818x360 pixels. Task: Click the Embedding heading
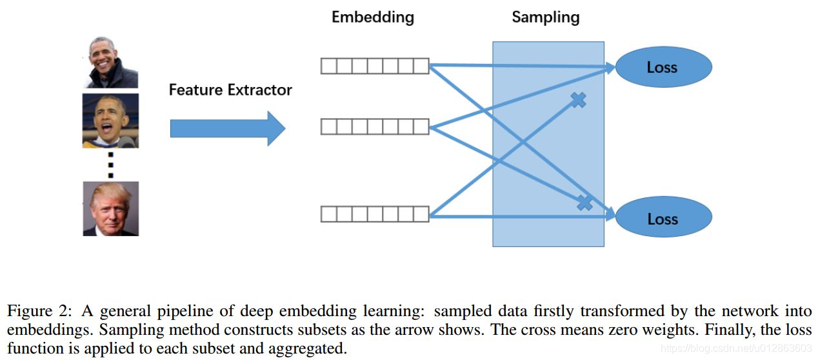[x=372, y=17]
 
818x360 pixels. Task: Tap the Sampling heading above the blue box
[x=545, y=17]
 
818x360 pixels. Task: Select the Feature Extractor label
[x=230, y=90]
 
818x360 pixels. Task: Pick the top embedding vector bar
[x=375, y=66]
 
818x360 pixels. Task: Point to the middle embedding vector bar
[x=375, y=126]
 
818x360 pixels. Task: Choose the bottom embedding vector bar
[x=375, y=214]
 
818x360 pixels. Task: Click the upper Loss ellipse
[x=663, y=67]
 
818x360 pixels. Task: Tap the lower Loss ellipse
[x=663, y=219]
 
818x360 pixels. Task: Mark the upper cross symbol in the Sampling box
[x=578, y=99]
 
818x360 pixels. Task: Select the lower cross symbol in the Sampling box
[x=584, y=203]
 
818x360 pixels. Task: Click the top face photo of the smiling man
[x=110, y=62]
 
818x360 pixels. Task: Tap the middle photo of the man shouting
[x=110, y=121]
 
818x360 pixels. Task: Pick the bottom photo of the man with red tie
[x=110, y=208]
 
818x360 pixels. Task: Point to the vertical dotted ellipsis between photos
[x=110, y=165]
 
